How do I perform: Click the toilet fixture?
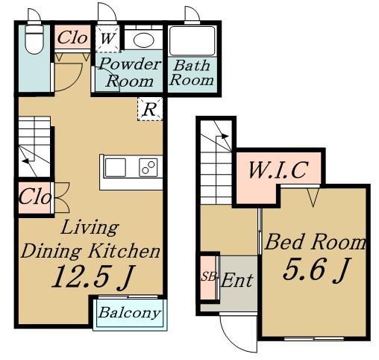[x=34, y=39]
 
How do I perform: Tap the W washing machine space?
[x=108, y=39]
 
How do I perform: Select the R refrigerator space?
[x=150, y=109]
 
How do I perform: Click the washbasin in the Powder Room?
[x=143, y=40]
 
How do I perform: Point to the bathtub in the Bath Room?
[x=192, y=40]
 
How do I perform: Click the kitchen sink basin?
[x=116, y=167]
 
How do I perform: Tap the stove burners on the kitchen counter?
[x=148, y=167]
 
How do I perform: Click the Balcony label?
[x=129, y=313]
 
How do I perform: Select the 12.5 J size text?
[x=93, y=278]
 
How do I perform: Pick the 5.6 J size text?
[x=316, y=270]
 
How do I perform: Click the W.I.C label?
[x=278, y=170]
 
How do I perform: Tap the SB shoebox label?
[x=209, y=277]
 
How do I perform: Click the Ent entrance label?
[x=237, y=281]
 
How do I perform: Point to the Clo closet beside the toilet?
[x=72, y=38]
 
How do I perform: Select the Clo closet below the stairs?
[x=35, y=198]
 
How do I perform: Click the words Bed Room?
[x=316, y=241]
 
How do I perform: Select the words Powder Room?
[x=129, y=72]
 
